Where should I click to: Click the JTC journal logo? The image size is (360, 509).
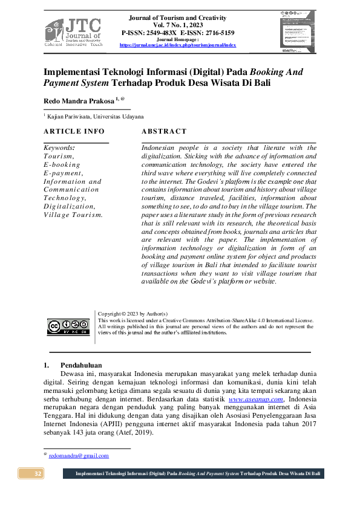(x=73, y=32)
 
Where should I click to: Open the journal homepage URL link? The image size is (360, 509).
(x=177, y=45)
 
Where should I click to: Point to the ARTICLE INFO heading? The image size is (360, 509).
(x=74, y=131)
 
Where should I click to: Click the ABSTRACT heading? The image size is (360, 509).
(x=164, y=131)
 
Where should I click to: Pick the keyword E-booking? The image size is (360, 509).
(x=62, y=164)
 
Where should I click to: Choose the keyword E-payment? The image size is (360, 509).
(x=63, y=173)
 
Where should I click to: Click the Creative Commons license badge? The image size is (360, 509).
(x=68, y=327)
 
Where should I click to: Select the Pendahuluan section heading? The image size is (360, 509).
(x=81, y=365)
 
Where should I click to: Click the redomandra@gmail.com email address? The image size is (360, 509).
(x=79, y=455)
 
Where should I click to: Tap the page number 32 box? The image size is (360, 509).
(x=37, y=473)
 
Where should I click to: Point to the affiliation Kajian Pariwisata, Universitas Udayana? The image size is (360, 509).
(x=96, y=116)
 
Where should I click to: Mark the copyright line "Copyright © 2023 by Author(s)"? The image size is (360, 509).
(x=133, y=314)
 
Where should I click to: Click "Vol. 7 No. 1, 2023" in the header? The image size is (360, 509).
(x=177, y=25)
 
